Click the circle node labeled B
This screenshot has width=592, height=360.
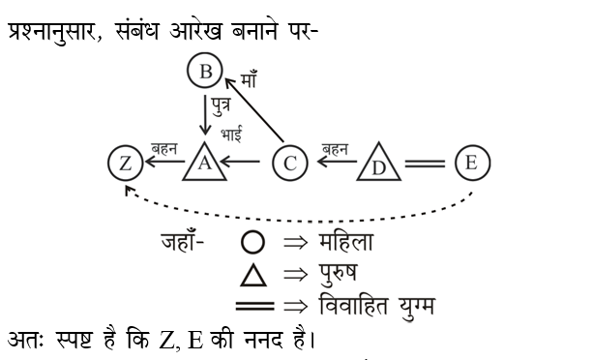pos(204,71)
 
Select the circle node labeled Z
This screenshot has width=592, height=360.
pos(125,163)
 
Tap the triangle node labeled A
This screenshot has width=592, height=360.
pos(204,164)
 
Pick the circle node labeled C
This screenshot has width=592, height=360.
pos(289,163)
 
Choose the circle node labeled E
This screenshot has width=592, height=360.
pos(471,162)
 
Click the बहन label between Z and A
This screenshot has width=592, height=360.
pos(163,148)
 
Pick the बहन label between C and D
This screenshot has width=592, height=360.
pos(335,147)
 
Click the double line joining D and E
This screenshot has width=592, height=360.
pos(424,164)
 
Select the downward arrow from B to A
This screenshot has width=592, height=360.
pos(204,114)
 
